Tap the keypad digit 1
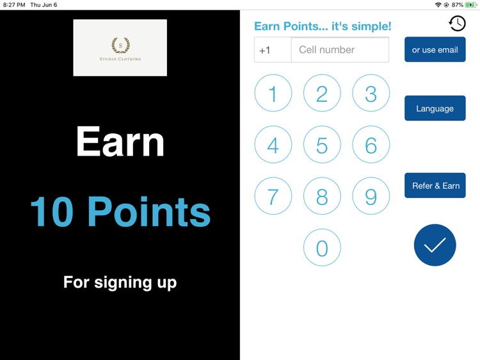pyautogui.click(x=273, y=94)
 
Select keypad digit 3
pyautogui.click(x=371, y=94)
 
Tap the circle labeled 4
pyautogui.click(x=273, y=145)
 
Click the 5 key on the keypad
pyautogui.click(x=322, y=145)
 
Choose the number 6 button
pyautogui.click(x=371, y=145)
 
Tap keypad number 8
pyautogui.click(x=322, y=196)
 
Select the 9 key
pyautogui.click(x=371, y=196)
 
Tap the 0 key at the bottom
pyautogui.click(x=322, y=247)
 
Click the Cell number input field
pyautogui.click(x=340, y=50)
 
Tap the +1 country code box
pyautogui.click(x=273, y=50)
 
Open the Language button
pyautogui.click(x=435, y=108)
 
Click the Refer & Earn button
pyautogui.click(x=435, y=186)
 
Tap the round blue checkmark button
pyautogui.click(x=435, y=245)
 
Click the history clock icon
pyautogui.click(x=457, y=24)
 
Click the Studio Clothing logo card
pyautogui.click(x=120, y=48)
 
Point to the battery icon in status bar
pyautogui.click(x=471, y=5)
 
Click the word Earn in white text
pyautogui.click(x=120, y=142)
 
